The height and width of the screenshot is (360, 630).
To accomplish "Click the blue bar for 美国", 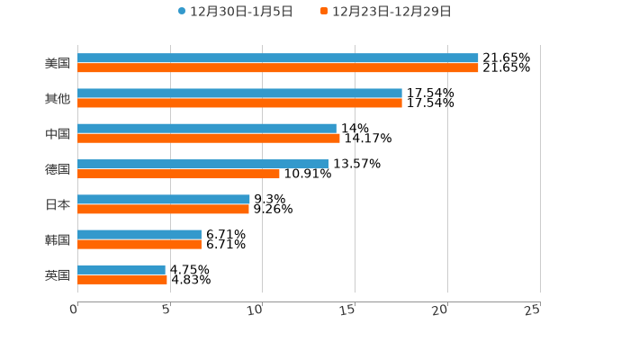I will (278, 58).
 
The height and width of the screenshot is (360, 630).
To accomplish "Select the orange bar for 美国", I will (278, 68).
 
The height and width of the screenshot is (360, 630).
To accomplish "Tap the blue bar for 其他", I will (239, 94).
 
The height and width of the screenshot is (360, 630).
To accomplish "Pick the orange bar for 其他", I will (239, 103).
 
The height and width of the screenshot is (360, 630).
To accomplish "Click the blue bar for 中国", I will (207, 129).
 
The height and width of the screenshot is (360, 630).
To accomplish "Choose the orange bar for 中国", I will (209, 139).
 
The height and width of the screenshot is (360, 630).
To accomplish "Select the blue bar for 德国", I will (202, 164).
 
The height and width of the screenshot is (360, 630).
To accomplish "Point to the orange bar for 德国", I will (178, 174).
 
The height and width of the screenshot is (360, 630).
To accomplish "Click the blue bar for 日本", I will (164, 199).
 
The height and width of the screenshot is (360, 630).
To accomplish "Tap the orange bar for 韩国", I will (139, 244).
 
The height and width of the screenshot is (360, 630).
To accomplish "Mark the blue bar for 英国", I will (121, 269).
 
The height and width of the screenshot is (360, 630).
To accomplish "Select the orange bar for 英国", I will (122, 279).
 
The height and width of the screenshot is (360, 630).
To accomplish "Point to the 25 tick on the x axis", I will (533, 310).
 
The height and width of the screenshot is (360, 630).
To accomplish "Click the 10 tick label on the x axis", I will (256, 310).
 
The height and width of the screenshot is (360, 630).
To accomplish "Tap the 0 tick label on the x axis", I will (74, 310).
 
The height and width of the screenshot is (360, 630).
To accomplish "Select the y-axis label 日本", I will (58, 204).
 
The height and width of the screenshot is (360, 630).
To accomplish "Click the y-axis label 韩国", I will (58, 239).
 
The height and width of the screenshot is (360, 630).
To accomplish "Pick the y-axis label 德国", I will (58, 169).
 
